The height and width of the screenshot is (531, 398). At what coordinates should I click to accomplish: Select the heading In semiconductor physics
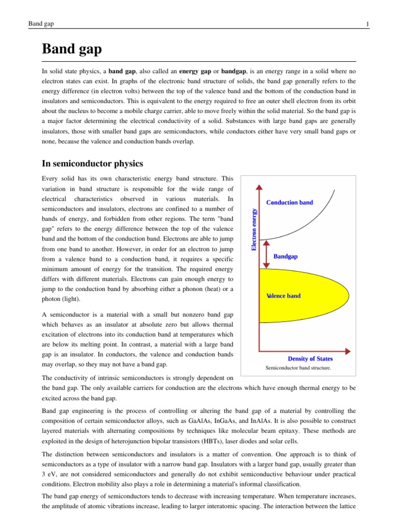(92, 164)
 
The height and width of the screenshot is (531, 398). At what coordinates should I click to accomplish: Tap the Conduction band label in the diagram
(289, 202)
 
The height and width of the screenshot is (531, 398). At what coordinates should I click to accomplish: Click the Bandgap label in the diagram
(286, 256)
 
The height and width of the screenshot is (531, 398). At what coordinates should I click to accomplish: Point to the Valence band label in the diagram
(283, 296)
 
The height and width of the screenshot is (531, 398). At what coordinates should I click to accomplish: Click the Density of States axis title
(310, 358)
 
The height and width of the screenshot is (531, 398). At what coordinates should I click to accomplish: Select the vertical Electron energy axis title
(254, 229)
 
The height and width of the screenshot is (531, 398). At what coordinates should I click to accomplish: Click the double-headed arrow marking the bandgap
(266, 254)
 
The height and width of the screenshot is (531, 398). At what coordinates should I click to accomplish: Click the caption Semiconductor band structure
(298, 368)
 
